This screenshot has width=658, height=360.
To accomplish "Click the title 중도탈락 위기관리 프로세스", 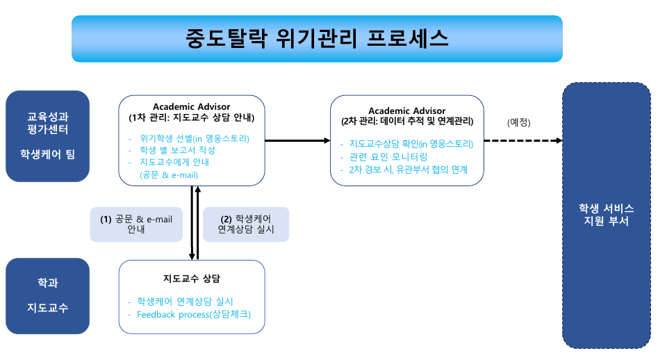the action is pyautogui.click(x=317, y=39).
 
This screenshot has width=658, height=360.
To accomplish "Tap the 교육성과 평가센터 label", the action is pyautogui.click(x=47, y=123).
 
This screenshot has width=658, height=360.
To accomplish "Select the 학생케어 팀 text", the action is pyautogui.click(x=47, y=154).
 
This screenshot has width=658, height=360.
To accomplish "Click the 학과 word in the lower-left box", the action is pyautogui.click(x=47, y=283).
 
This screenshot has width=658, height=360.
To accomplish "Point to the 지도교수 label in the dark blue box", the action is pyautogui.click(x=47, y=308).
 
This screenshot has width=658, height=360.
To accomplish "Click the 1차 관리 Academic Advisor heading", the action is pyautogui.click(x=191, y=112).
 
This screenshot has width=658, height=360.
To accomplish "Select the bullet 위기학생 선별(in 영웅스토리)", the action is pyautogui.click(x=195, y=138).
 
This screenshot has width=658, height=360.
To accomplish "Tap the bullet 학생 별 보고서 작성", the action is pyautogui.click(x=177, y=150).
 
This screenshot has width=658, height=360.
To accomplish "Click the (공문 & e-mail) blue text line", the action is pyautogui.click(x=169, y=175).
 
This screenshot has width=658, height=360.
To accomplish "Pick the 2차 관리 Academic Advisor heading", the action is pyautogui.click(x=407, y=116).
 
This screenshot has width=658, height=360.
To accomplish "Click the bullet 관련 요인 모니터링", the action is pyautogui.click(x=388, y=157).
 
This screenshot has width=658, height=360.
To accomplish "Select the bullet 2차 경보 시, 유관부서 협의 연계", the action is pyautogui.click(x=408, y=170).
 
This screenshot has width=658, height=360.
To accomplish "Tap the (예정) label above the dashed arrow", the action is pyautogui.click(x=518, y=122).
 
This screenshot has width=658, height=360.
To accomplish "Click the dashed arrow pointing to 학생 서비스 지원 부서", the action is pyautogui.click(x=523, y=140).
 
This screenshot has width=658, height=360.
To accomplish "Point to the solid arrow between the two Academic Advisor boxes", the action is pyautogui.click(x=297, y=140).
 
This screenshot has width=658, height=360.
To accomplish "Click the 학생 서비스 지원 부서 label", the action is pyautogui.click(x=607, y=215).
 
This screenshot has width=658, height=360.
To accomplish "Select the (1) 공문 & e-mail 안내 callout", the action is pyautogui.click(x=136, y=224).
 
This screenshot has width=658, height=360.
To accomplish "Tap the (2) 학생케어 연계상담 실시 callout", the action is pyautogui.click(x=246, y=224).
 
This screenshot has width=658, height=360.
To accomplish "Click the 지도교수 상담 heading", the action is pyautogui.click(x=192, y=279).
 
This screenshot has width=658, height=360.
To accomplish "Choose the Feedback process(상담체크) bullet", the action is pyautogui.click(x=193, y=314).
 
